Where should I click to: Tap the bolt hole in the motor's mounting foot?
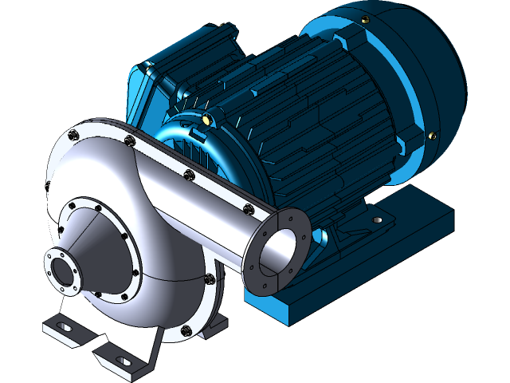(378, 218)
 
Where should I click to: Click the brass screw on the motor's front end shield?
(208, 120)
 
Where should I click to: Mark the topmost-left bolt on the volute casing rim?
(74, 133)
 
